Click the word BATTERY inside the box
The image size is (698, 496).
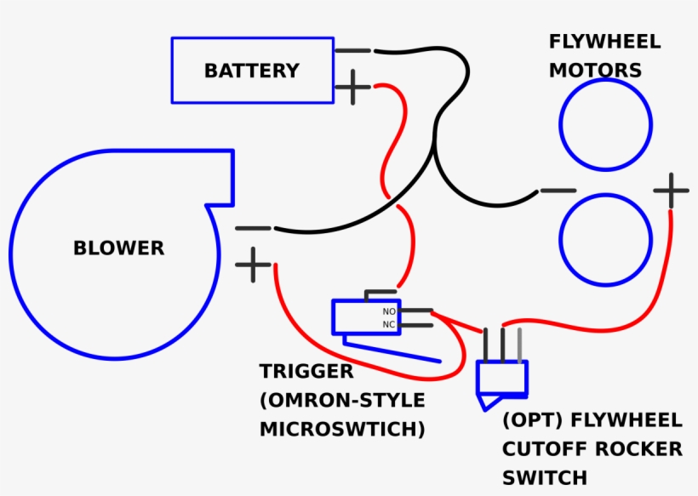(251, 71)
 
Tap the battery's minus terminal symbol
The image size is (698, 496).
(352, 51)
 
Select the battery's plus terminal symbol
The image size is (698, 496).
(352, 87)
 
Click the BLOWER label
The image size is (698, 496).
(118, 248)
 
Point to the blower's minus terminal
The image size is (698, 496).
(253, 228)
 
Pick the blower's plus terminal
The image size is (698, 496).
(253, 265)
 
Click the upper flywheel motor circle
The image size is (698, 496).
(605, 125)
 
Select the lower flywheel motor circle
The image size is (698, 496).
(605, 238)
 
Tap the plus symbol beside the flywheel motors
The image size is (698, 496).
(671, 191)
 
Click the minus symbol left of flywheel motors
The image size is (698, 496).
(558, 191)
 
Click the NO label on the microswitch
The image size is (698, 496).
(388, 312)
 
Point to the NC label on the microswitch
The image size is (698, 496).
(388, 324)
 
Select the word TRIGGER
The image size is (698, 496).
(306, 372)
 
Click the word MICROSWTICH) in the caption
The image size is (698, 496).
(342, 429)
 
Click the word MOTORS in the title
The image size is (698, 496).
(595, 71)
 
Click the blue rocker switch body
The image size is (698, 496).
(502, 377)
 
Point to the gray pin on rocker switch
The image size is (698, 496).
(519, 344)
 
